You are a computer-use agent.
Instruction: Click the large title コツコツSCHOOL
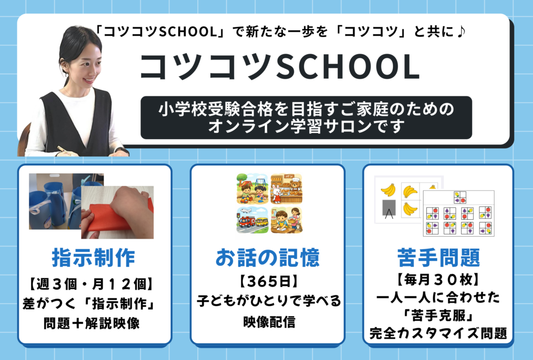click(280, 66)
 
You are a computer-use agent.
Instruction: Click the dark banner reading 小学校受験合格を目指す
click(306, 118)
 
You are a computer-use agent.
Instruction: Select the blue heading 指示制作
click(94, 257)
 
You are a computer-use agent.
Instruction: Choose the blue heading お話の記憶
click(268, 257)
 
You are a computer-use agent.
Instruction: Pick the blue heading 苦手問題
click(438, 257)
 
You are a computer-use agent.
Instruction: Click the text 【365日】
click(269, 281)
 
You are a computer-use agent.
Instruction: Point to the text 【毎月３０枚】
click(438, 280)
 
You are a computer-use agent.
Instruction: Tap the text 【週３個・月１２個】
click(92, 284)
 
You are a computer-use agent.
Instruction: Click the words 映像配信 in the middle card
click(269, 321)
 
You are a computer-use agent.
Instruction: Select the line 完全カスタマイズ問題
click(438, 333)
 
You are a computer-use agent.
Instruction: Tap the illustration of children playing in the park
click(252, 189)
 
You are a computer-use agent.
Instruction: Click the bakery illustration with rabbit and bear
click(286, 189)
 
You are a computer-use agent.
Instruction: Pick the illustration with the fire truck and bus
click(252, 220)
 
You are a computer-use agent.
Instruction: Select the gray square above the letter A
click(389, 207)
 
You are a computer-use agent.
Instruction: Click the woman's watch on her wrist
click(122, 150)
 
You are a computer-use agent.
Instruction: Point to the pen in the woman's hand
click(65, 150)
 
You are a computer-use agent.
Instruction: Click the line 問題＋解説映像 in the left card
click(92, 323)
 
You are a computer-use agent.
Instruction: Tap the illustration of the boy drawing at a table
click(286, 220)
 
